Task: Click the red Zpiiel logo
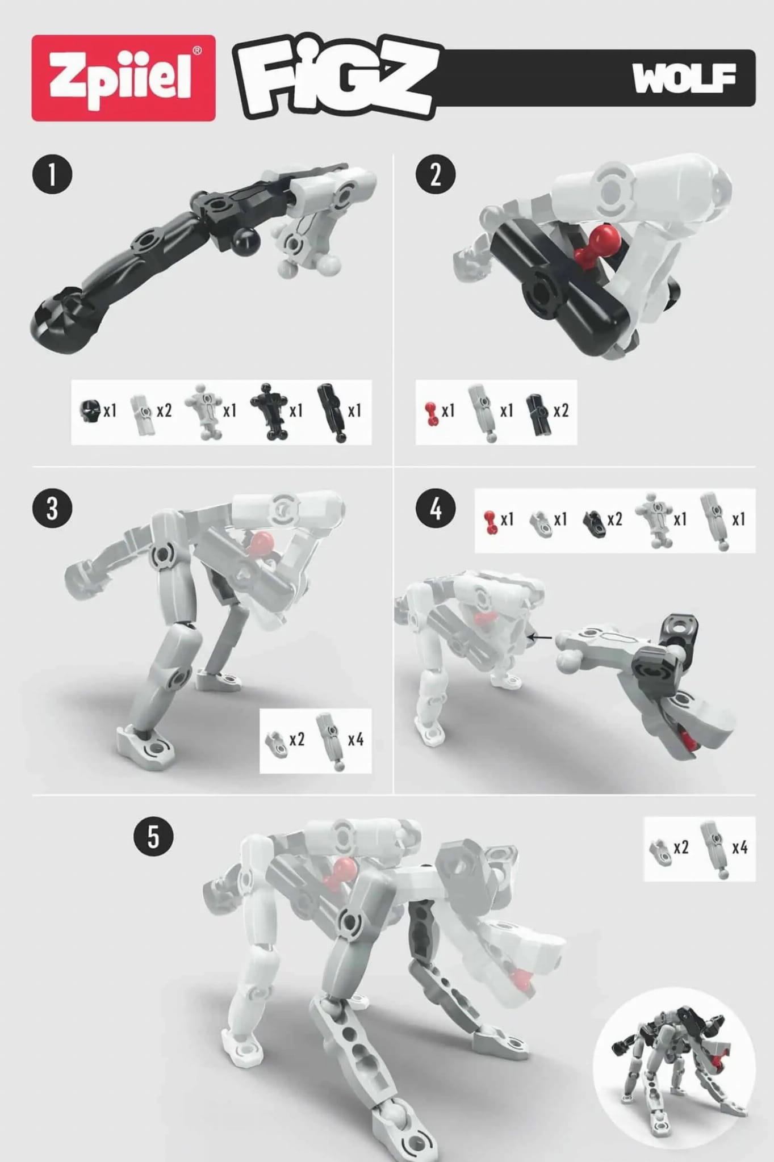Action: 123,78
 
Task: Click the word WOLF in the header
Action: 684,78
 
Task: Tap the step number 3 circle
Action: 52,508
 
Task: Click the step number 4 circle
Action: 436,508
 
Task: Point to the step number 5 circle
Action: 153,836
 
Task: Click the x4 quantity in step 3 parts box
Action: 355,739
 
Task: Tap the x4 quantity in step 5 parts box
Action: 740,848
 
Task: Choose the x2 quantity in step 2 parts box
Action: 560,410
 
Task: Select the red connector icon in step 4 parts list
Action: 490,522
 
